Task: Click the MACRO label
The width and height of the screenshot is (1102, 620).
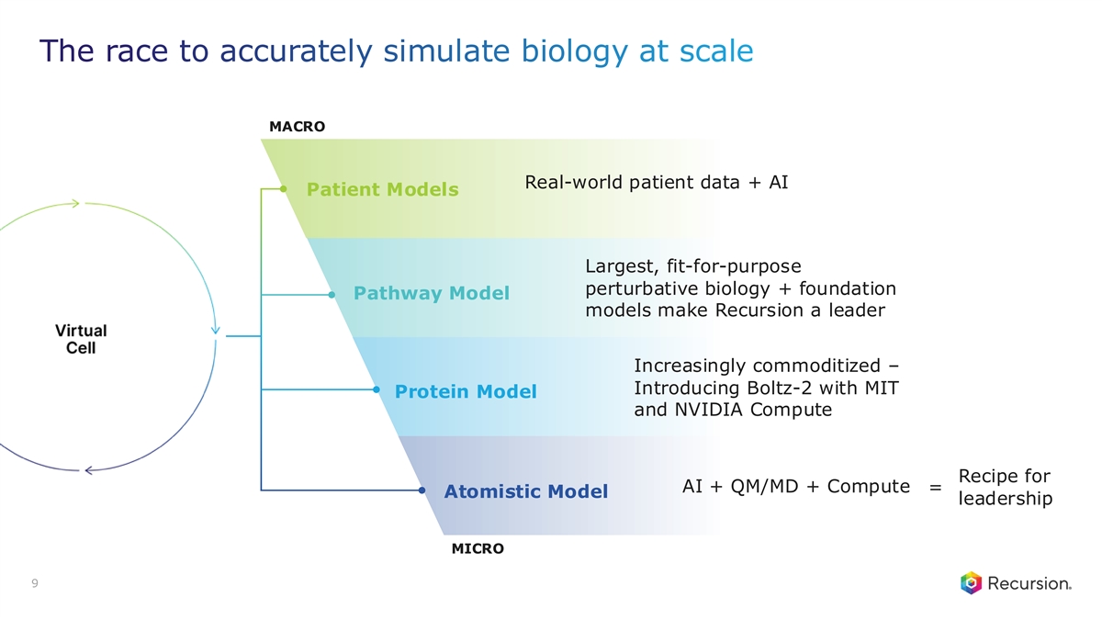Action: point(298,127)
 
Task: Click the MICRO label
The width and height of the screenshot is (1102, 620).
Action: point(478,548)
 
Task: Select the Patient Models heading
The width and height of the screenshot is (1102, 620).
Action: point(383,189)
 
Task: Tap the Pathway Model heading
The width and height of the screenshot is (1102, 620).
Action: point(432,293)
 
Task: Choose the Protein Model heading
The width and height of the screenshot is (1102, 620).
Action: point(466,391)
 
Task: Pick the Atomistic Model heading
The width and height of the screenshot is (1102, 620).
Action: point(526,491)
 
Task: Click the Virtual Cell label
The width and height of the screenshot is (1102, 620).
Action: point(81,339)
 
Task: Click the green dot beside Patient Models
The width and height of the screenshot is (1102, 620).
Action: point(284,189)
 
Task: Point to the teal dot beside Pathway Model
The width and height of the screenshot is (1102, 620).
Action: point(332,295)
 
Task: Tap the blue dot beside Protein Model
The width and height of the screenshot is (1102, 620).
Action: point(377,389)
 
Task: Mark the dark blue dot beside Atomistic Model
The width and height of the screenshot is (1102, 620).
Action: point(422,490)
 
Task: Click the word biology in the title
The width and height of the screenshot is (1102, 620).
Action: point(575,51)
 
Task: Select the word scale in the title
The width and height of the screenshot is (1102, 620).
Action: point(716,51)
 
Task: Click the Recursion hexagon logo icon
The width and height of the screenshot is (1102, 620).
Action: point(972,583)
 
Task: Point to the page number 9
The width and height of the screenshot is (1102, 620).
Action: point(35,583)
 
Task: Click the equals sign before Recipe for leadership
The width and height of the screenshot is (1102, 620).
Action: point(935,488)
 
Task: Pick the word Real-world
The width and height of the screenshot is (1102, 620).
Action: point(574,182)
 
